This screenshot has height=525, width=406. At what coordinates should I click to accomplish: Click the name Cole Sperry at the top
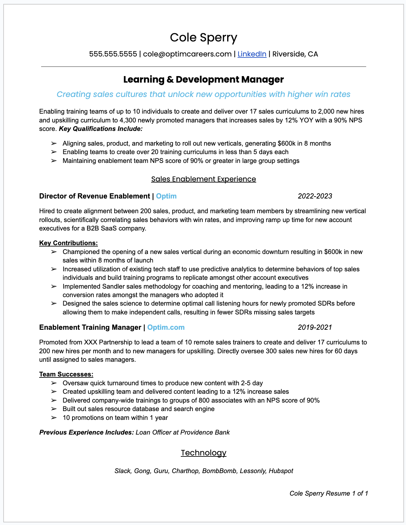coord(203,38)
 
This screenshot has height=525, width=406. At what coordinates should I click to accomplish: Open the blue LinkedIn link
coord(252,54)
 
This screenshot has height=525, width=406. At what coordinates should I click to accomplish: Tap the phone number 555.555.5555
coord(113,54)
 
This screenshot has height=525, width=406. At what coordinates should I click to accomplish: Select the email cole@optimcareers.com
coord(187,54)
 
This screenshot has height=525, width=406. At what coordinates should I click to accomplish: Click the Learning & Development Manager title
coord(203,79)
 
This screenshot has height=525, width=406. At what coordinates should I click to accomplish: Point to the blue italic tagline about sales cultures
coord(203,94)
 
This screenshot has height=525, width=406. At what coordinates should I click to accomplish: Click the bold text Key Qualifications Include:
coord(101,129)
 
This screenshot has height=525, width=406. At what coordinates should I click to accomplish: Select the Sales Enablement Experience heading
coord(203,179)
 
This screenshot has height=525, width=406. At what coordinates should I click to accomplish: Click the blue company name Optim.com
coord(166,327)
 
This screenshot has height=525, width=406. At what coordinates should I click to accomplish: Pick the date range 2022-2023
coord(315,196)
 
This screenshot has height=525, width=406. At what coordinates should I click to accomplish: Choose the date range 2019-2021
coord(315,327)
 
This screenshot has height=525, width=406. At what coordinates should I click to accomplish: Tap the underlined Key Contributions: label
coord(68,243)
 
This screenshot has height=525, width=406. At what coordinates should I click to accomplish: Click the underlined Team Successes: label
coord(66,374)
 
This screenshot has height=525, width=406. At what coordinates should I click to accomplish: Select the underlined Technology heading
coord(203,453)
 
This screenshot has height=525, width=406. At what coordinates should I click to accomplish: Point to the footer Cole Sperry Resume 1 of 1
coord(328,493)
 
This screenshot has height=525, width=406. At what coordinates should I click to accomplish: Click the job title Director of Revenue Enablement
coord(94,196)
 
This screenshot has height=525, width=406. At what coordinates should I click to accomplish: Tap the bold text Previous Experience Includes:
coord(86,432)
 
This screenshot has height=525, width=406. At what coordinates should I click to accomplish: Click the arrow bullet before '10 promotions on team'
coord(54,418)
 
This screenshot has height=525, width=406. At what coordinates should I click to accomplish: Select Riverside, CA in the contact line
coord(295,54)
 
